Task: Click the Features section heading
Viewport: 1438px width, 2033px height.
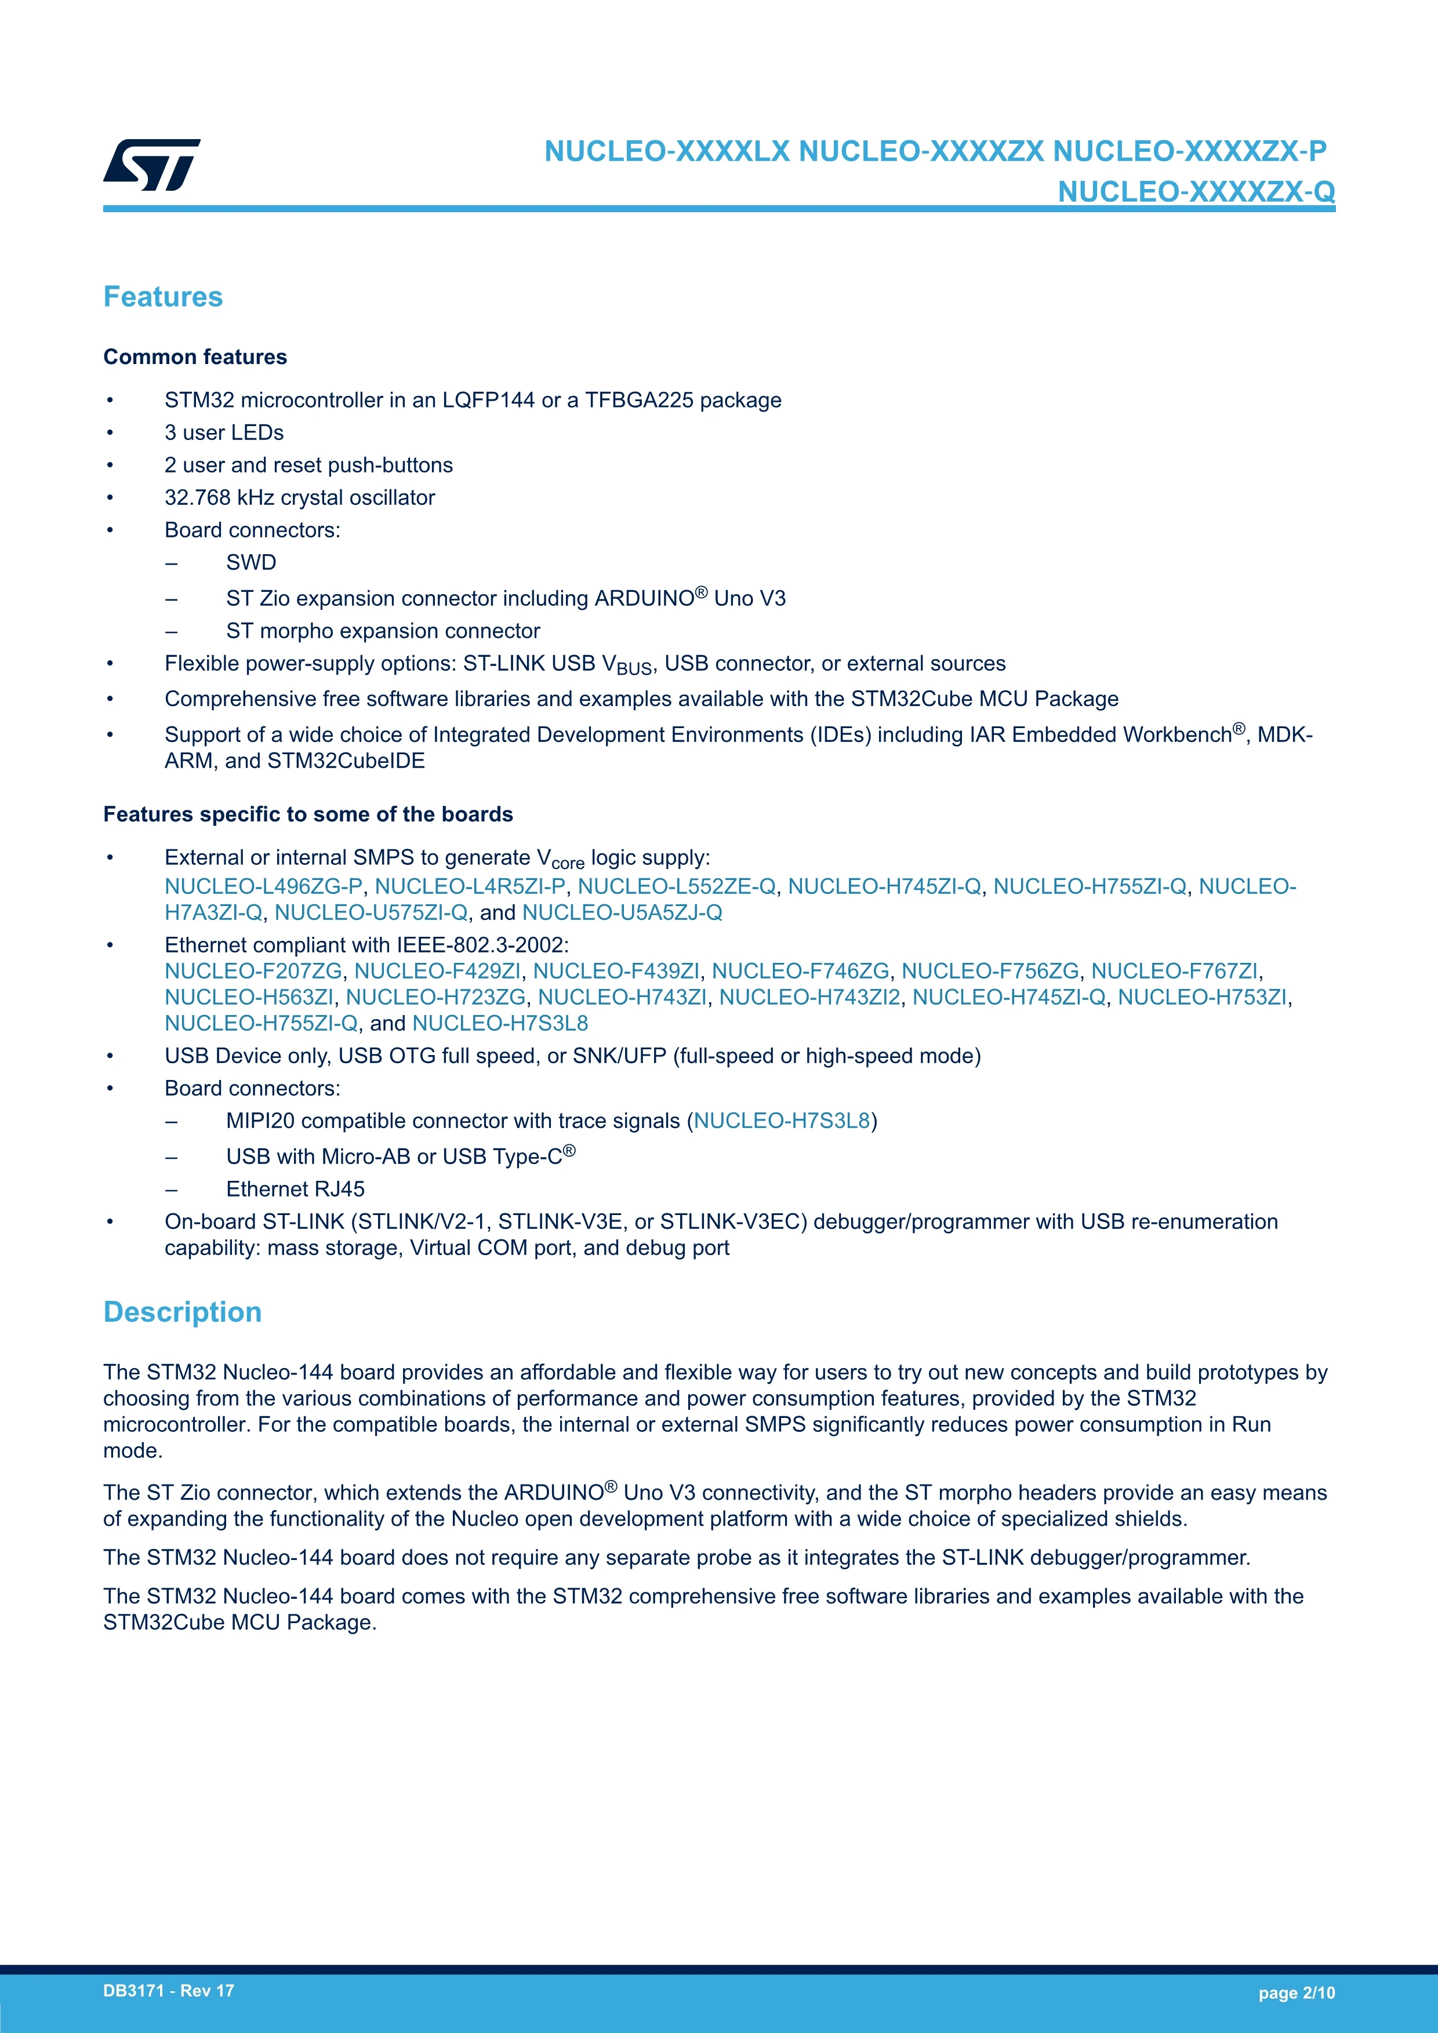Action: (x=163, y=297)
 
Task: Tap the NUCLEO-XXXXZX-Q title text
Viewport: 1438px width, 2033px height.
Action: (x=1196, y=191)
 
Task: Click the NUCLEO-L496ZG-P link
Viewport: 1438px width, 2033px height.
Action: (x=264, y=886)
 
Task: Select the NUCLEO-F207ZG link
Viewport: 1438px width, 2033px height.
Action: (x=253, y=972)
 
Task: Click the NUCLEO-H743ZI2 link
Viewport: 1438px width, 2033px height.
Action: (x=809, y=997)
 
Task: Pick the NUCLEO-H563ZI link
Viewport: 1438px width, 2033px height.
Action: (x=249, y=997)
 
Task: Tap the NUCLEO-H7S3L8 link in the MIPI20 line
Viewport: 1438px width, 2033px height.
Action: (x=782, y=1121)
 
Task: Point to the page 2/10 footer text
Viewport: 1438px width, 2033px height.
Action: (x=1297, y=1993)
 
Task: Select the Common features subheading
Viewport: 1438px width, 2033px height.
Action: (x=195, y=357)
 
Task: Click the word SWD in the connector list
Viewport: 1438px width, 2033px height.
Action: (x=252, y=562)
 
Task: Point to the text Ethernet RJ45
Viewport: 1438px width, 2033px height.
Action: (x=295, y=1189)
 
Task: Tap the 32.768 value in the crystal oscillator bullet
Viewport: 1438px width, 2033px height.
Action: (x=198, y=497)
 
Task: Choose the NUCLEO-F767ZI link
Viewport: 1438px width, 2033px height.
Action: (x=1174, y=972)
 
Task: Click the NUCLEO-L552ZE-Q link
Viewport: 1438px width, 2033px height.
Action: (x=677, y=886)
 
